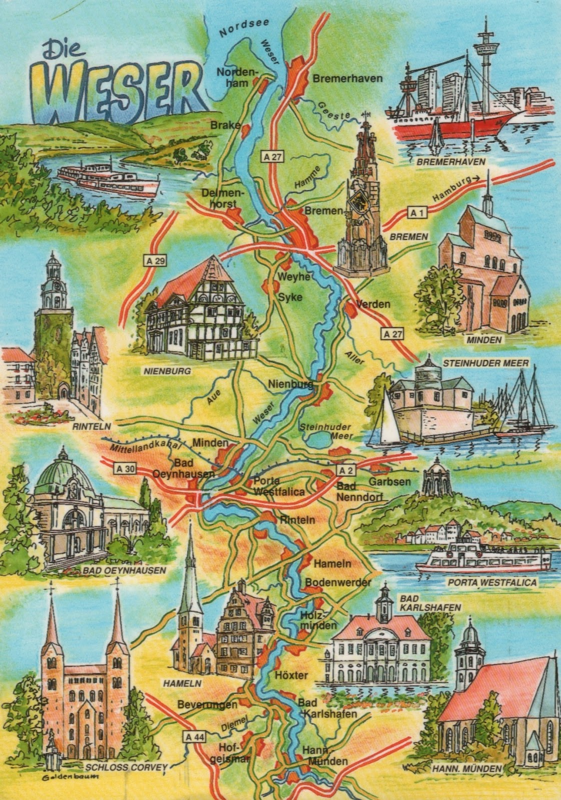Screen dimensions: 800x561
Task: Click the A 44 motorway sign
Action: pyautogui.click(x=194, y=736)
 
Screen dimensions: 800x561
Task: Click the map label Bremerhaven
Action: pyautogui.click(x=347, y=78)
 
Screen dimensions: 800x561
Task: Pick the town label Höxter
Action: pyautogui.click(x=291, y=675)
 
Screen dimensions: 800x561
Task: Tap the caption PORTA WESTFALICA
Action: pyautogui.click(x=492, y=582)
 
